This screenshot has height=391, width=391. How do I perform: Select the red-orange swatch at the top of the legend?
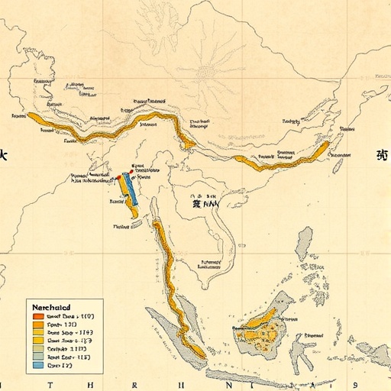coord(37,315)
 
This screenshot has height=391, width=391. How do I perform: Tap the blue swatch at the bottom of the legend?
coord(37,366)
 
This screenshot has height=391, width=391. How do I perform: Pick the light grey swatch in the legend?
coord(37,346)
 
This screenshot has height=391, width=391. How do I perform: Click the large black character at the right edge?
coord(381,154)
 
